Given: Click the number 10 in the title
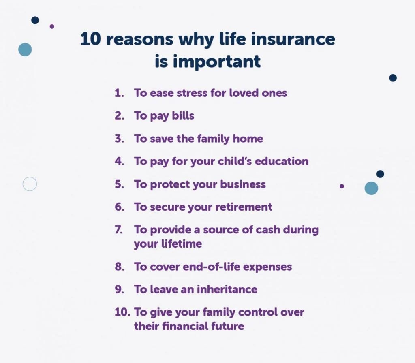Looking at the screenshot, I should point(90,40).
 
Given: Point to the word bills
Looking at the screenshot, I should point(183,115).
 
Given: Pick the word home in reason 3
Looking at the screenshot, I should point(248,139).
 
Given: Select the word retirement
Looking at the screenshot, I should point(244,207).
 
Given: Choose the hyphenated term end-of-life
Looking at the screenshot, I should point(207,267).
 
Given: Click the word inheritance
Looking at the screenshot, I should point(227,290).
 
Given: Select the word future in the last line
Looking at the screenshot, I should point(228,326).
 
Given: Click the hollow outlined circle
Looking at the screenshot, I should point(30,184).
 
